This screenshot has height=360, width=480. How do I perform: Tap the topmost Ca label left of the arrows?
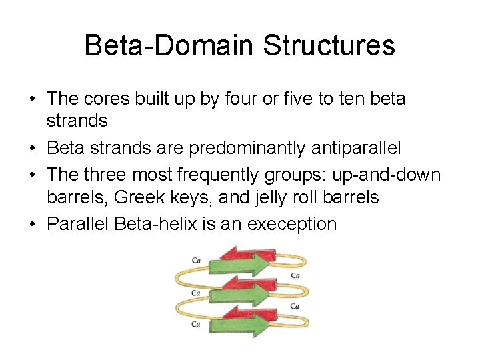[x=196, y=260]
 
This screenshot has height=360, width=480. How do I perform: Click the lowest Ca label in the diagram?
[x=196, y=324]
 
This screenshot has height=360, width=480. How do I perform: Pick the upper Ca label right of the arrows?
[x=295, y=275]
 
